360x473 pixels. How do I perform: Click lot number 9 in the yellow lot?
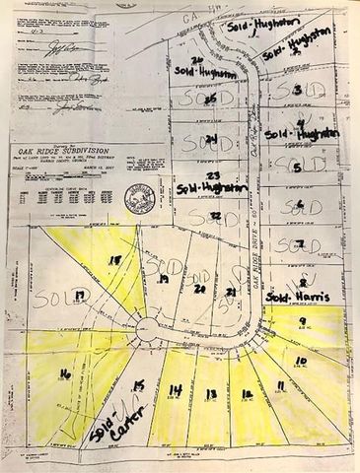click(x=302, y=321)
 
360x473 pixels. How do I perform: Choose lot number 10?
click(x=301, y=362)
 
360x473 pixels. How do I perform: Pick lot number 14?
click(x=176, y=391)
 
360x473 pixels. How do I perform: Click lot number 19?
click(x=164, y=280)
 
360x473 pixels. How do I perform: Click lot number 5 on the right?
click(x=297, y=168)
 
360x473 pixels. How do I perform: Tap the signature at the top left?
click(x=61, y=45)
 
